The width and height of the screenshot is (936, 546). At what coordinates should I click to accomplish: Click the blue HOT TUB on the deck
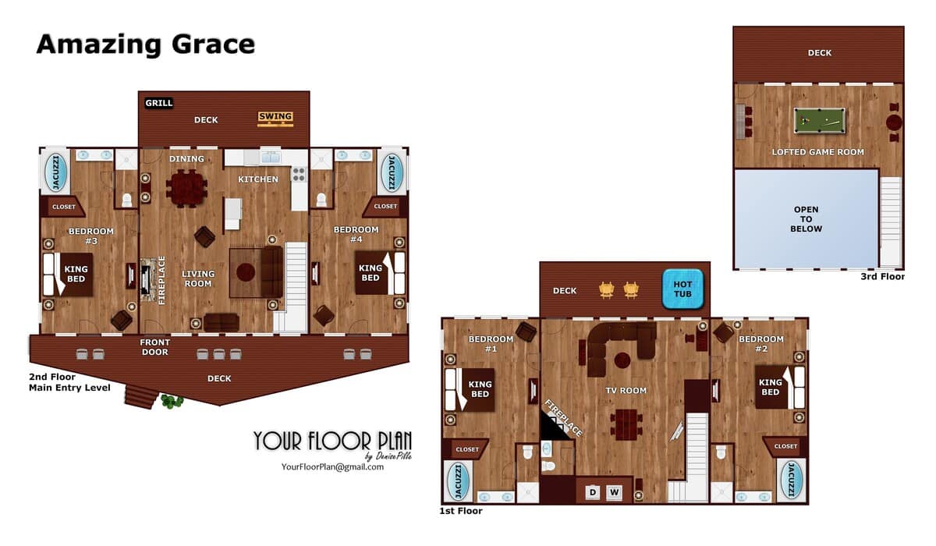pos(682,289)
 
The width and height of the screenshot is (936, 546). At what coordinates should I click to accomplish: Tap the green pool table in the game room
pos(820,120)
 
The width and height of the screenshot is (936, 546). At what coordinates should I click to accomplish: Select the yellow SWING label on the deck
pos(275,116)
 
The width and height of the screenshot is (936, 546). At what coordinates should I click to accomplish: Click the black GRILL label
pos(159,103)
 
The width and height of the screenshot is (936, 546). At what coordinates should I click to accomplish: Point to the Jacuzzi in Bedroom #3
pos(55,172)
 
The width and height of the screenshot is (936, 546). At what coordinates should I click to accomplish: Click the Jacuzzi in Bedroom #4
pos(392,172)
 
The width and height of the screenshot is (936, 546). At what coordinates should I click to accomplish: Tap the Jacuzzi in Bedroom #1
pos(459,480)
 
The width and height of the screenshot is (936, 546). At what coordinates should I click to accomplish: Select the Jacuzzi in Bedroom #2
pos(791,480)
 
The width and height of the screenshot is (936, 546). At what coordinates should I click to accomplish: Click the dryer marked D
pos(593,492)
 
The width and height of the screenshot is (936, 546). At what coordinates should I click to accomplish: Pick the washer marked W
pos(614,492)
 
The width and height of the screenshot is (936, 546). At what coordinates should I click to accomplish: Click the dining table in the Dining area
pos(186,188)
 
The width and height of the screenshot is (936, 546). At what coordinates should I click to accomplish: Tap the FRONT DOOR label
pos(154,347)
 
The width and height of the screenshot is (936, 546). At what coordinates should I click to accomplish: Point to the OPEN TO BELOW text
pos(806,219)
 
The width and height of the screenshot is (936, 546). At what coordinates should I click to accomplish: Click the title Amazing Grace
pos(146,44)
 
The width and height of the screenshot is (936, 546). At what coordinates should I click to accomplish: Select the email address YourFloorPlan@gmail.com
pos(332,467)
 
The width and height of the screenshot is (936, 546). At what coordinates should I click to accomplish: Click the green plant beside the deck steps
pos(172,402)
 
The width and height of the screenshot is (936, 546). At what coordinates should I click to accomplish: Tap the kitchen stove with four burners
pos(299,175)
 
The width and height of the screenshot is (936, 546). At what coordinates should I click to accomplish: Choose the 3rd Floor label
pos(882,277)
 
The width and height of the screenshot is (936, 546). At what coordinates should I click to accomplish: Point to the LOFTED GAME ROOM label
pos(817,152)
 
